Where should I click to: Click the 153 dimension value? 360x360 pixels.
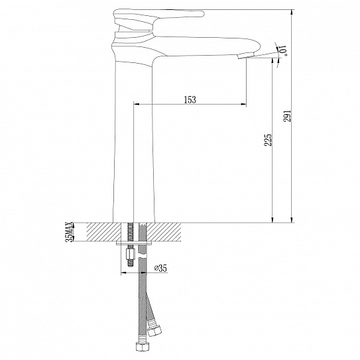190,99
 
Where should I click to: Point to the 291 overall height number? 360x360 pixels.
286,117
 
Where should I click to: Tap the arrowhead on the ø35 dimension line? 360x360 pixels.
124,272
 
